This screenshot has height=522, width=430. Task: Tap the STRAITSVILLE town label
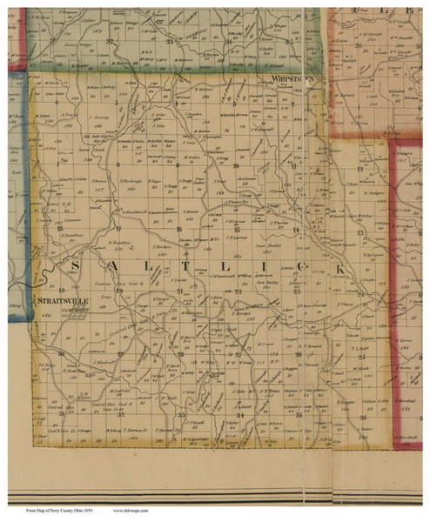63,298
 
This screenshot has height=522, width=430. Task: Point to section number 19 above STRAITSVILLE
62,288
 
